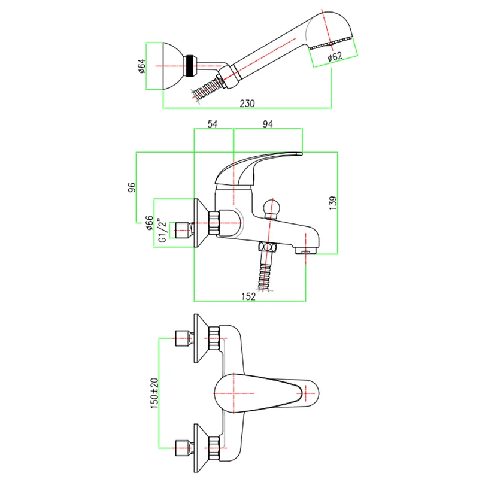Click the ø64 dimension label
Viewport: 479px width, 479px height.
(142, 66)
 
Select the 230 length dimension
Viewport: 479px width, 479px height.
(247, 103)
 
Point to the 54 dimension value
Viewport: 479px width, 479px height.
(213, 124)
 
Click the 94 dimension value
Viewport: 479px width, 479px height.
(268, 124)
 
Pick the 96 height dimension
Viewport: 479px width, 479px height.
(132, 187)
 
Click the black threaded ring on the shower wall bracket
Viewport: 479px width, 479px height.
(191, 65)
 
